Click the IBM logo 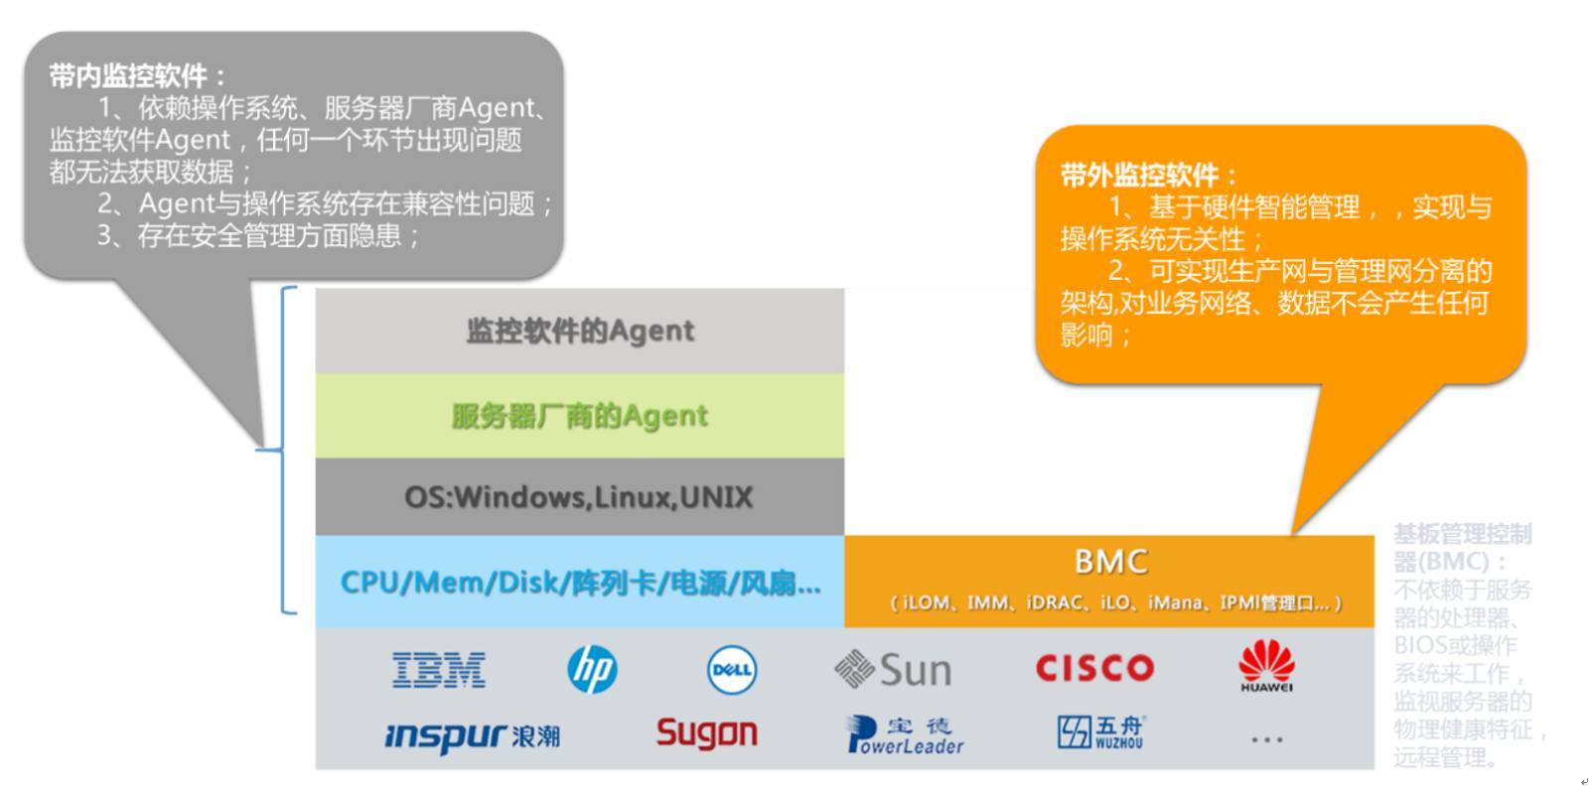(438, 670)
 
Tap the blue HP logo (592, 670)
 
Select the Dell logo (732, 670)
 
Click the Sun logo (893, 670)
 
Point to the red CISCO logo (1094, 668)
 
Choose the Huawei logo (1266, 666)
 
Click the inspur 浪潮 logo (472, 735)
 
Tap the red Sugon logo (706, 733)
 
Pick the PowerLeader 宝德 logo (905, 734)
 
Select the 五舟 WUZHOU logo (1100, 732)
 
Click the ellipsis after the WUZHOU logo (1266, 739)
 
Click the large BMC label (1110, 562)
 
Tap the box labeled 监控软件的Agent (580, 330)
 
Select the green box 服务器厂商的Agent (580, 415)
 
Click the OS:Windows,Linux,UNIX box (580, 496)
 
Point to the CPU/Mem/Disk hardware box (580, 583)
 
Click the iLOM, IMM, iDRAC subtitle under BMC (1114, 602)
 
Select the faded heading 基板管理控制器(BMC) (1461, 547)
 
